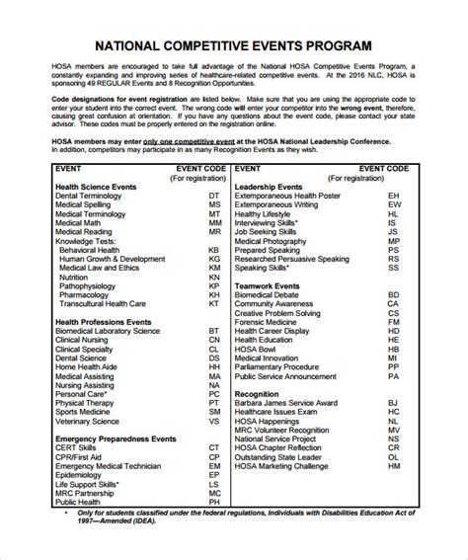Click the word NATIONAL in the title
(x=133, y=45)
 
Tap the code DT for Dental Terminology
(x=214, y=197)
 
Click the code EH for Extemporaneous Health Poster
(x=393, y=197)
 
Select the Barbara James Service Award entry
(x=293, y=375)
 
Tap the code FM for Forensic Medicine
(x=393, y=321)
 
